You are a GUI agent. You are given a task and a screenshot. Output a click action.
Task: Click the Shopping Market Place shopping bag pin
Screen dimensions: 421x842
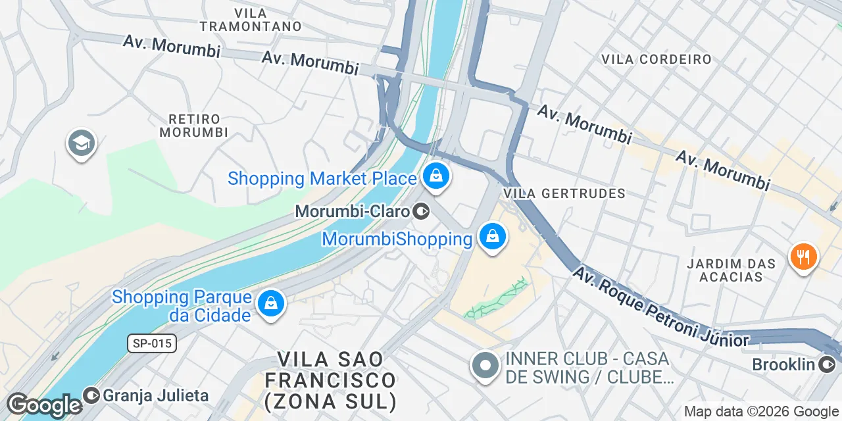(x=435, y=176)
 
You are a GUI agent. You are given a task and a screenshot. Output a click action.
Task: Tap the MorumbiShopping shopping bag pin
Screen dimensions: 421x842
(x=492, y=235)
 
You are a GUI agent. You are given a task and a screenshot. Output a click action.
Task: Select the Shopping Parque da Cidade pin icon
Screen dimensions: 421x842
(x=270, y=304)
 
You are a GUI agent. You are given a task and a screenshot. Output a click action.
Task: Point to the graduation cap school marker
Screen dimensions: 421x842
(x=82, y=143)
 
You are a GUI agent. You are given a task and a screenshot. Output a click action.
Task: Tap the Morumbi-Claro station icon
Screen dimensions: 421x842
(x=421, y=211)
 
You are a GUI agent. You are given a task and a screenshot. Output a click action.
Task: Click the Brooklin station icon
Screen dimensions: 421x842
(x=827, y=364)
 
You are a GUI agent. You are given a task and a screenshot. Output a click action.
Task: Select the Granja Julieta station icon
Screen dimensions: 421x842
(x=91, y=395)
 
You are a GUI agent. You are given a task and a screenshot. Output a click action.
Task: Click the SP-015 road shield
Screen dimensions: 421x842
(x=152, y=343)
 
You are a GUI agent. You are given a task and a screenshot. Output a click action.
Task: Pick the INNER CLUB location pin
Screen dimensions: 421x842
(x=486, y=366)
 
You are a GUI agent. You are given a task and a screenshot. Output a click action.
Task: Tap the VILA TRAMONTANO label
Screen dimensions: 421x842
(x=250, y=20)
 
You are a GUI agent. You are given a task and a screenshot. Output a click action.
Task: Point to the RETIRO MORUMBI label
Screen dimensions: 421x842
(x=194, y=126)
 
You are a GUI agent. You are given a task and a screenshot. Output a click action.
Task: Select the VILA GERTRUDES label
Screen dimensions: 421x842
(x=564, y=193)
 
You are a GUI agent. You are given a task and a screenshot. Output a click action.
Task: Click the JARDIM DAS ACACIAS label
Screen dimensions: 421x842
(x=731, y=270)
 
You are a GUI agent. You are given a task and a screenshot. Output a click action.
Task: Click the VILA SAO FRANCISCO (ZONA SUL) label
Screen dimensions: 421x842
(x=336, y=380)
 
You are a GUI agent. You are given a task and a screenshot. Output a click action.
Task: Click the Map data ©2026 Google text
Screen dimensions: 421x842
(x=761, y=412)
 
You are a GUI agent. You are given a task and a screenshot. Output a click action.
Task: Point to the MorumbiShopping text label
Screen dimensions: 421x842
(x=397, y=238)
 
